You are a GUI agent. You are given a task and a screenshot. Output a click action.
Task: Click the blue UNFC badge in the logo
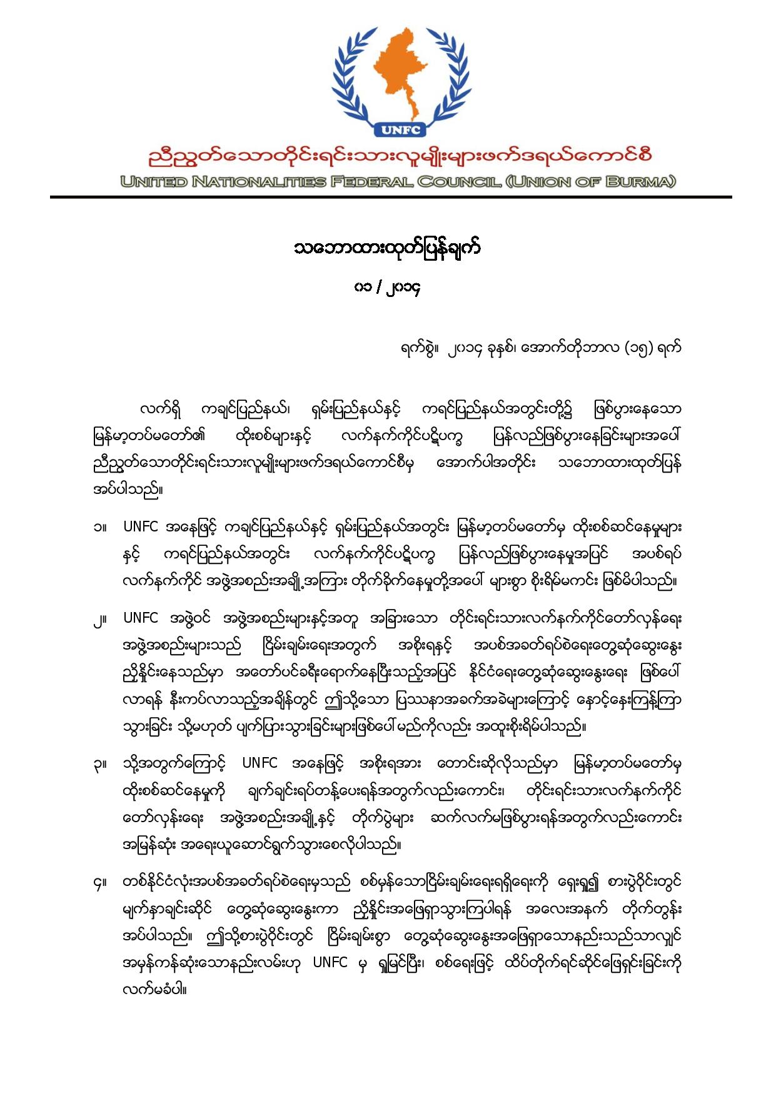coord(400,130)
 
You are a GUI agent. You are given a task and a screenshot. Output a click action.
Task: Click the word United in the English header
coord(154,182)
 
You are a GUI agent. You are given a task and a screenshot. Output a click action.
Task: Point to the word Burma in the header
coord(642,182)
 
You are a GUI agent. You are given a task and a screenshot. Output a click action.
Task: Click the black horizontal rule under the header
coord(391,198)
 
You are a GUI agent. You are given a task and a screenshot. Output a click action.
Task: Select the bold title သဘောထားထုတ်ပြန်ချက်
coord(388,249)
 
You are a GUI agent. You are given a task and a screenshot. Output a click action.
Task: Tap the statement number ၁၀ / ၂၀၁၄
coord(386,288)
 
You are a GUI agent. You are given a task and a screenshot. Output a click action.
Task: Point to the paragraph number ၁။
coord(99,527)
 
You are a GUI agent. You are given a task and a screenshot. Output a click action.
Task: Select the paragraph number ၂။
coord(99,619)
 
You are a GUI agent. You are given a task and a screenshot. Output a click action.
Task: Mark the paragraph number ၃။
coord(99,764)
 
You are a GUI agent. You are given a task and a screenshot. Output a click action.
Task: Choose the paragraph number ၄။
coord(99,883)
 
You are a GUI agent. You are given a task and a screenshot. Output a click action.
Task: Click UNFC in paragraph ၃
coord(260,763)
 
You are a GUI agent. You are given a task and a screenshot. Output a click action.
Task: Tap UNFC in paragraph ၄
coord(330,963)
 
